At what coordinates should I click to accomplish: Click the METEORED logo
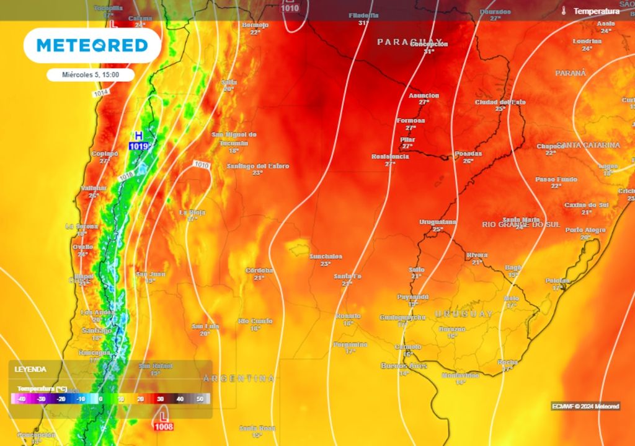[92, 45]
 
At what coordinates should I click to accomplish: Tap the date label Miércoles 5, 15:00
[91, 75]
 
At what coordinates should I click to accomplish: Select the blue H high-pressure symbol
[139, 135]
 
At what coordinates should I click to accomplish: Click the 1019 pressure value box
[139, 146]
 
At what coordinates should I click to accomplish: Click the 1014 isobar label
[100, 93]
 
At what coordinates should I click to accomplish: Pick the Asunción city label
[424, 95]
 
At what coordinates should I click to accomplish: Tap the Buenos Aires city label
[404, 365]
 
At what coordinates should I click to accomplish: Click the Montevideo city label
[460, 375]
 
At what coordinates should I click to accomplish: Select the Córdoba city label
[259, 270]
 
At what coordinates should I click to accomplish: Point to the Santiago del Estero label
[257, 166]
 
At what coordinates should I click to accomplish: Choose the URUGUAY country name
[464, 314]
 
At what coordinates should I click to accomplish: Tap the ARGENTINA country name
[239, 378]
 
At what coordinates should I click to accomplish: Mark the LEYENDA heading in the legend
[30, 369]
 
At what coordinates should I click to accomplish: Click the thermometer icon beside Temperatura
[564, 11]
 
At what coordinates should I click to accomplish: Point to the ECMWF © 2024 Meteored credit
[585, 406]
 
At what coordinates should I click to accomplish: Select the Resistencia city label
[390, 157]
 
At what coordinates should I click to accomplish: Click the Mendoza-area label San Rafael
[155, 365]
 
